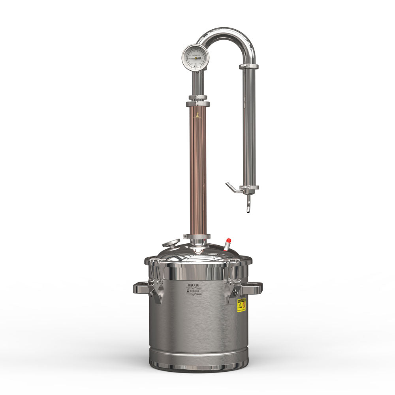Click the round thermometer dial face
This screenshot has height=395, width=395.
pos(195,58)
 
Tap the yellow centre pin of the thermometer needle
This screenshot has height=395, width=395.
pos(195,58)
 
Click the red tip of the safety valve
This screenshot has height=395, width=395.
pos(228,241)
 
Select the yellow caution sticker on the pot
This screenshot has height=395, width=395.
pos(241,305)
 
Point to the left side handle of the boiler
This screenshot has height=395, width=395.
pos(141,288)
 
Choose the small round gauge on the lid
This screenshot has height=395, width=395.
pos(171,243)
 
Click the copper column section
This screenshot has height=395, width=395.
pos(198,170)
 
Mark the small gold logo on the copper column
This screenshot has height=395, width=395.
pos(197,115)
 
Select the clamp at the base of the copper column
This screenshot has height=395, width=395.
pos(197,237)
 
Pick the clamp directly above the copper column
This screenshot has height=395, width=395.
pos(198,104)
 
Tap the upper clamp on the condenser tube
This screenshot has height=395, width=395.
pos(248,66)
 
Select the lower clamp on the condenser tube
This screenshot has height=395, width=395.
pos(249,188)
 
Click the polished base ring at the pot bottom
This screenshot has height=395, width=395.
pos(198,366)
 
